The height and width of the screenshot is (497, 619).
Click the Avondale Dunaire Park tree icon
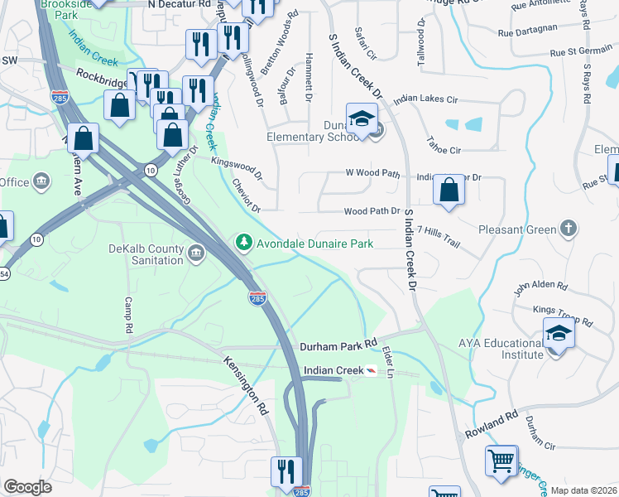pos(244,243)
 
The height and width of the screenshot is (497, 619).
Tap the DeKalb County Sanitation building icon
pos(195,253)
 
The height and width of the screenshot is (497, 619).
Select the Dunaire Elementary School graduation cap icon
pos(361,120)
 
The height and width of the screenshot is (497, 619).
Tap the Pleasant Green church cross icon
pos(568,228)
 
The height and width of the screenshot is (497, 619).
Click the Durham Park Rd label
pos(338,342)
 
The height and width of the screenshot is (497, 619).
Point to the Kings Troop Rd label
pos(563,316)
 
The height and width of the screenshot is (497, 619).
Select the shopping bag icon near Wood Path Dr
pos(449,190)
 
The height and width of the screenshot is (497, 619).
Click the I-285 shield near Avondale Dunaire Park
pos(257,297)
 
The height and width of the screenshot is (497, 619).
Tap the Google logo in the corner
pos(27,486)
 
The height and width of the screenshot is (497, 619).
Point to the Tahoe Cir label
pos(443,150)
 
